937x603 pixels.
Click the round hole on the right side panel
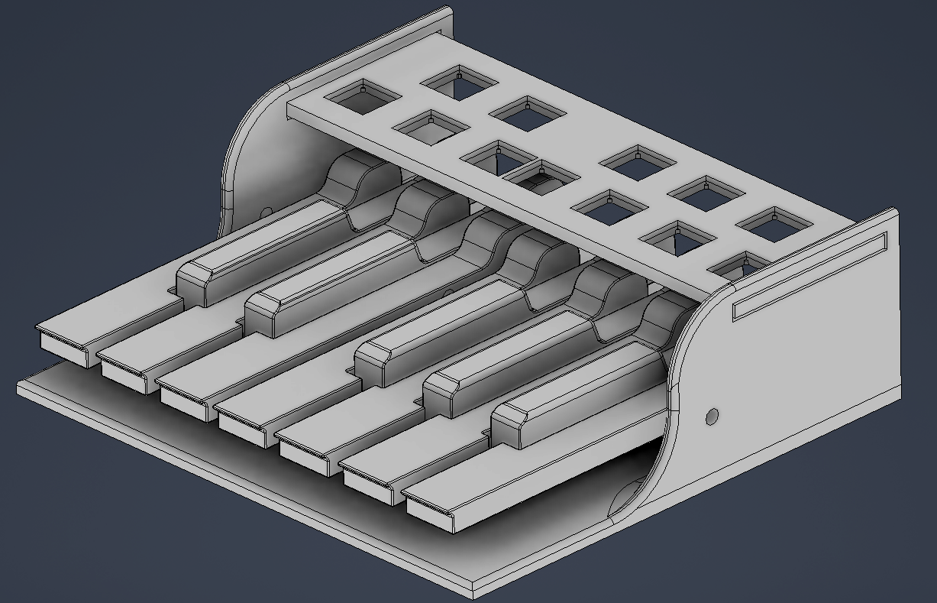pyautogui.click(x=712, y=417)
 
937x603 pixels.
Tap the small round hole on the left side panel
pyautogui.click(x=266, y=210)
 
